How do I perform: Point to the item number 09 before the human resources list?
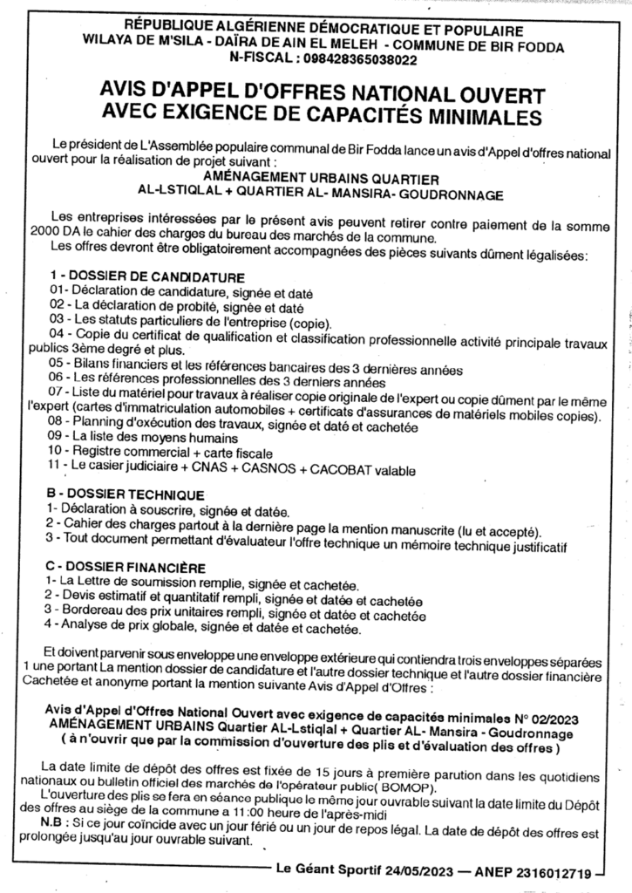58,435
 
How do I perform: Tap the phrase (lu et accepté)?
497,531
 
